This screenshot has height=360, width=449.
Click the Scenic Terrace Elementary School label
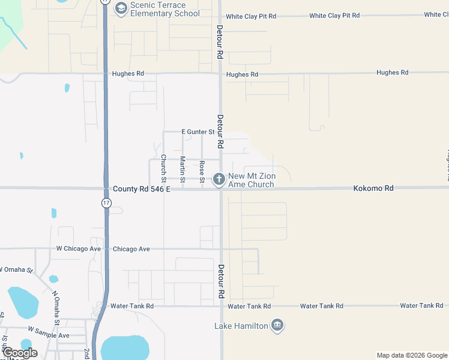[x=165, y=9]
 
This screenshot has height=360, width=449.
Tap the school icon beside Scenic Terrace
[x=121, y=8]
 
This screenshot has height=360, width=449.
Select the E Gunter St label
[x=198, y=131]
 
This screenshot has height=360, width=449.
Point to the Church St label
[x=163, y=168]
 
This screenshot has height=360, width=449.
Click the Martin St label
[x=182, y=168]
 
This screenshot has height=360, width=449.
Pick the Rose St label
[x=202, y=172]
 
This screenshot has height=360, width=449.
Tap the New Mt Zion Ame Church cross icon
[x=219, y=178]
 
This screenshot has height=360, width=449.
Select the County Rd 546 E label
[x=142, y=188]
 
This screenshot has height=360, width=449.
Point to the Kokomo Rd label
[x=373, y=188]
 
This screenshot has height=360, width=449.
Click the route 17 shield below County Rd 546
[x=106, y=203]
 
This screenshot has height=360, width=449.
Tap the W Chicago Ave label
[x=78, y=248]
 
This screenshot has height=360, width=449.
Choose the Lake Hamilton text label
[x=241, y=326]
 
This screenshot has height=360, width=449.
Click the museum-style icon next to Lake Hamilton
[x=277, y=325]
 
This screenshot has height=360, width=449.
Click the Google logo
[x=20, y=353]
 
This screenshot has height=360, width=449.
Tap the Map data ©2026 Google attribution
[x=412, y=355]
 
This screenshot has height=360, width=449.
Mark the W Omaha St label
[x=16, y=269]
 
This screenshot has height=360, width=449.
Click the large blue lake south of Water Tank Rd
[x=124, y=347]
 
